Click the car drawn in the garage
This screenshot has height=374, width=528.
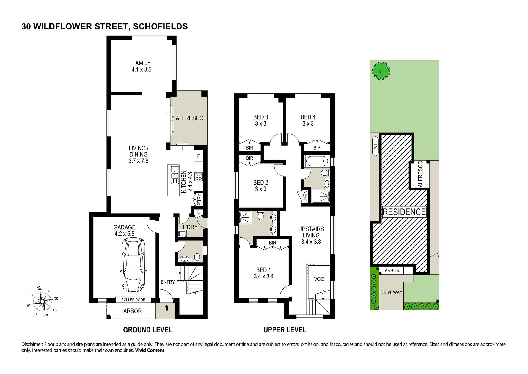[x=134, y=265]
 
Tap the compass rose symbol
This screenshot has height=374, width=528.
[x=42, y=302]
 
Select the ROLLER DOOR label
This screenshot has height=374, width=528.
[x=133, y=300]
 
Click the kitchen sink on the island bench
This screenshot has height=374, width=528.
[x=175, y=175]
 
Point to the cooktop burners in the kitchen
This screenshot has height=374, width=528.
[x=199, y=177]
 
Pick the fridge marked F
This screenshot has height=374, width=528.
[x=199, y=156]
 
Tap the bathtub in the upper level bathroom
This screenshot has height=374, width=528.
[x=317, y=161]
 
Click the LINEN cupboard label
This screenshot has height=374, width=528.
[x=305, y=197]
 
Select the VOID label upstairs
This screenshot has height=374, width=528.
[x=319, y=279]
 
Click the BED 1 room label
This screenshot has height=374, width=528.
[x=263, y=270]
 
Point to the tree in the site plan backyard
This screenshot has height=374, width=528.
[x=381, y=71]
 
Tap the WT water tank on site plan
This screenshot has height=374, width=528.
[x=375, y=146]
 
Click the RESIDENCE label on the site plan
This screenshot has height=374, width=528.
[x=404, y=212]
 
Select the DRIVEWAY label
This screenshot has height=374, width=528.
[x=391, y=292]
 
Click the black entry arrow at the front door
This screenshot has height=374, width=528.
[x=167, y=308]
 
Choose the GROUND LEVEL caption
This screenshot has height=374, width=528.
[x=148, y=330]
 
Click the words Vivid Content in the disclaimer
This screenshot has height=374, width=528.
[x=150, y=350]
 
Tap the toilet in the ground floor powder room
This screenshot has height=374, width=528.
[x=197, y=258]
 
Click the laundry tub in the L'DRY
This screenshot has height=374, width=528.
[x=182, y=234]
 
